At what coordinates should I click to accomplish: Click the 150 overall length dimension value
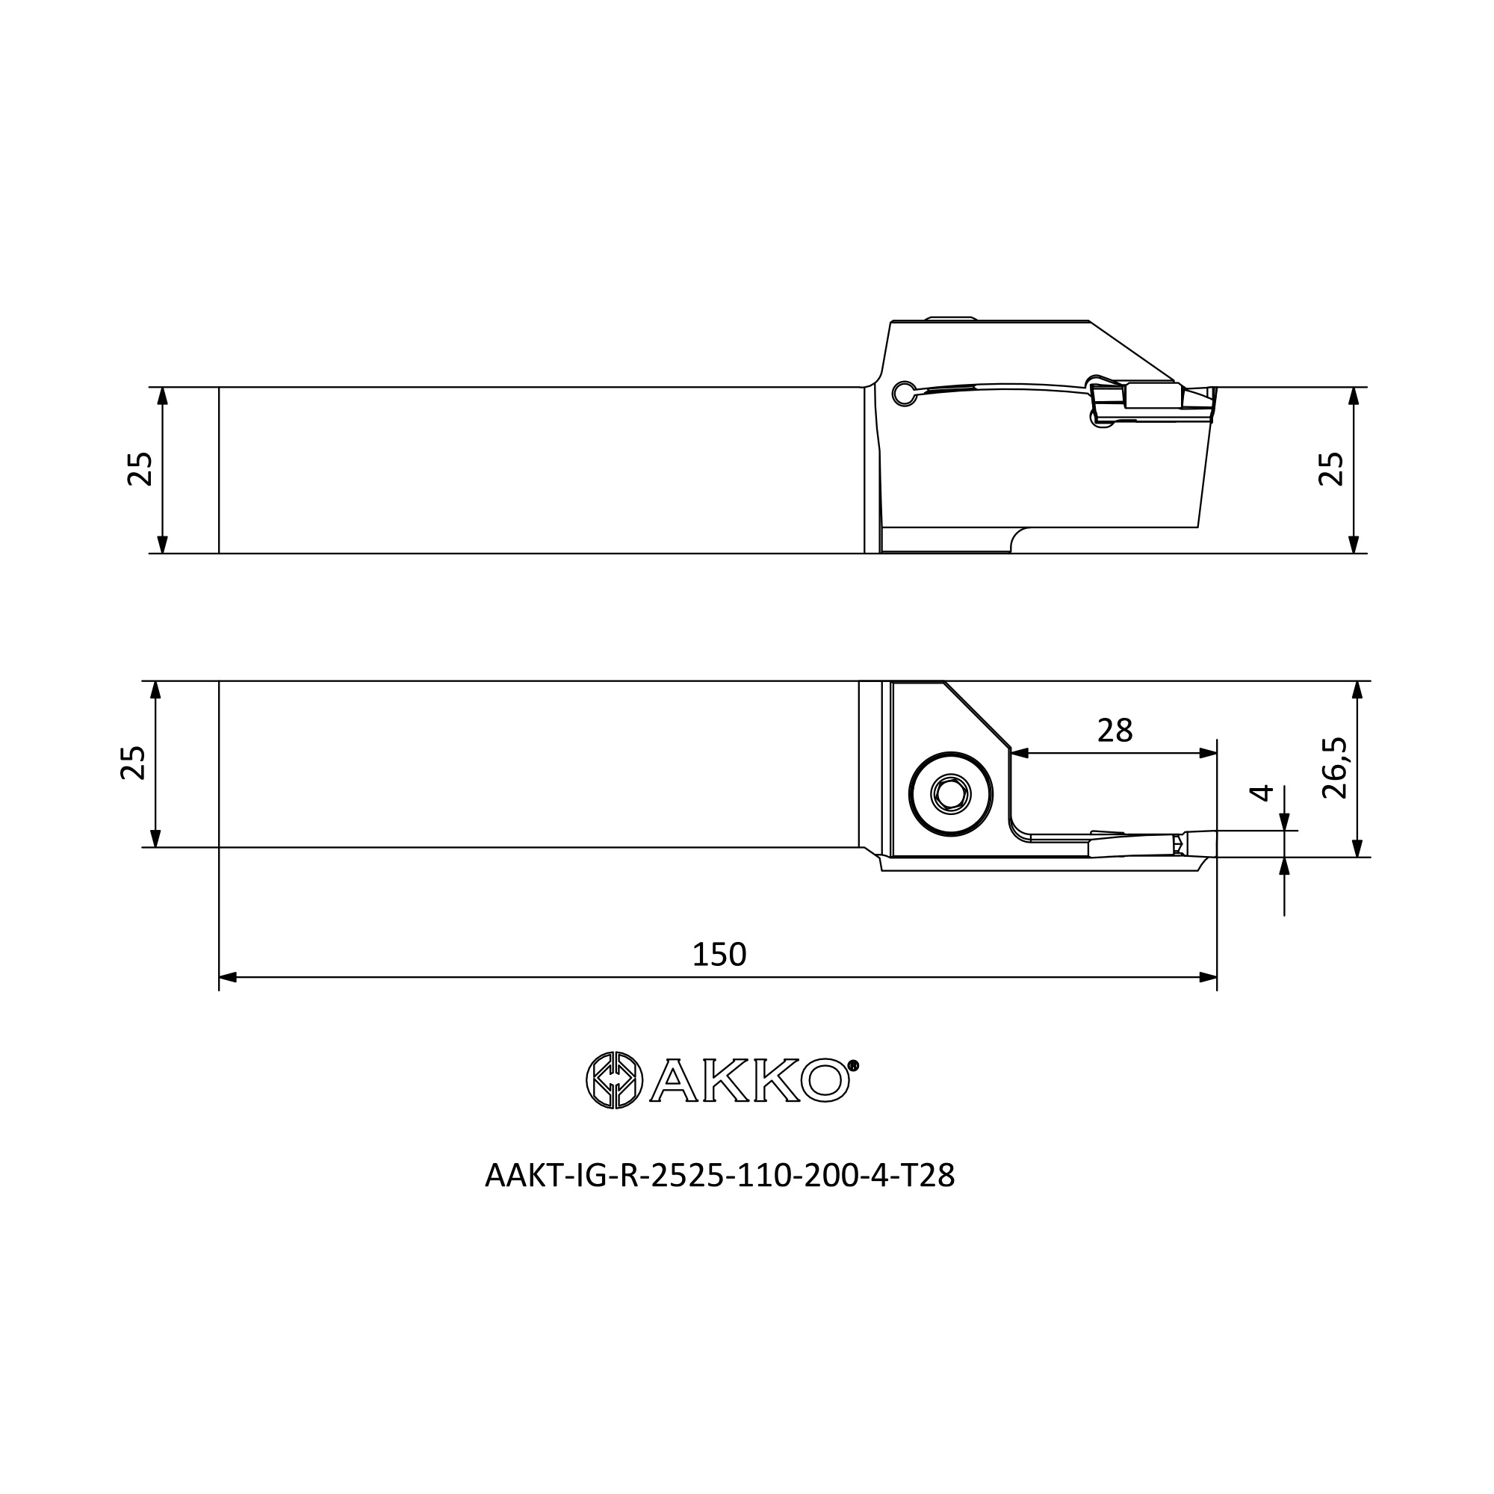click(719, 955)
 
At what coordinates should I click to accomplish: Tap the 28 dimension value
click(1115, 730)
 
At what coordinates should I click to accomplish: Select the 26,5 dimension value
click(1335, 769)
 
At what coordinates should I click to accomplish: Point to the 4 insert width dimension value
click(1261, 793)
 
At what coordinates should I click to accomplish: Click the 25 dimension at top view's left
click(140, 468)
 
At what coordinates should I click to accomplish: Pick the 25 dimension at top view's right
click(1331, 468)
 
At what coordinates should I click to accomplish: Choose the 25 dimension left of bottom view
click(133, 763)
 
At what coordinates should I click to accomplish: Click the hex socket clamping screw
click(951, 793)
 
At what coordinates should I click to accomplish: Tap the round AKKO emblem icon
click(614, 1080)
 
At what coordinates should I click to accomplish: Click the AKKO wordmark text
click(750, 1080)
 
